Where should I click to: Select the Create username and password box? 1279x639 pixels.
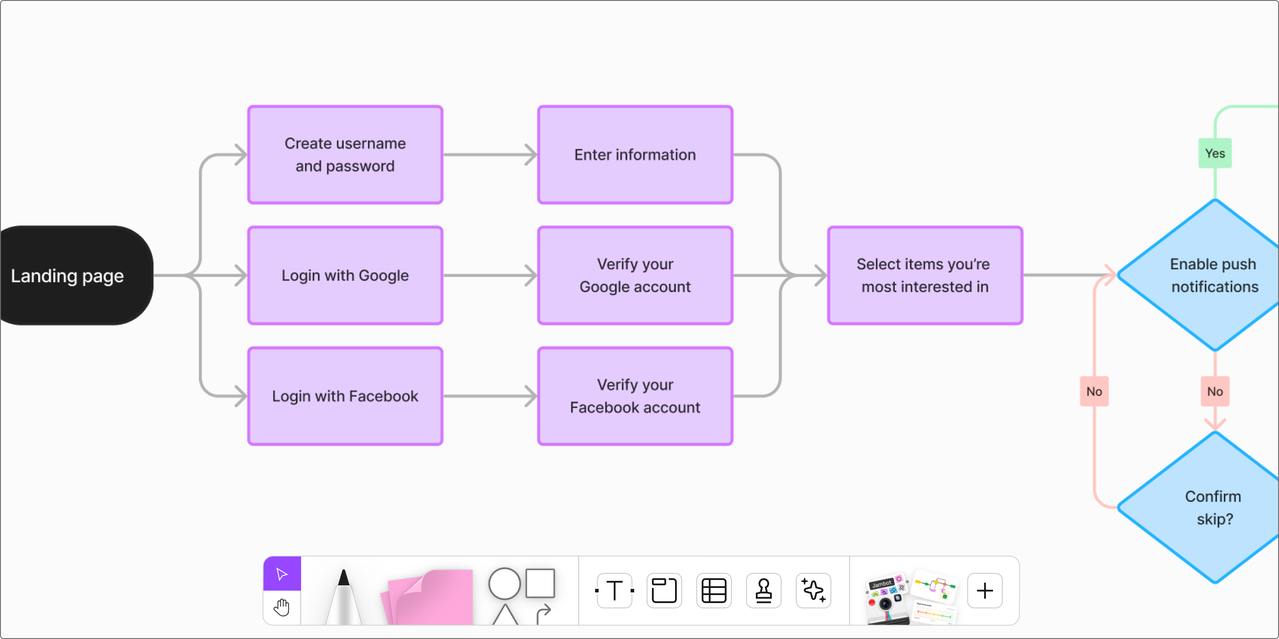tap(345, 155)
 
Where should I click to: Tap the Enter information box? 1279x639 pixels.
tap(635, 155)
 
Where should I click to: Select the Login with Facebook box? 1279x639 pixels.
tap(345, 396)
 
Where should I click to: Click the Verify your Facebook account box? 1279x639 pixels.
tap(635, 396)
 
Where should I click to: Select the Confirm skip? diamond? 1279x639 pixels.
tap(1211, 508)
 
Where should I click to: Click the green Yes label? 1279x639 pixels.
tap(1215, 153)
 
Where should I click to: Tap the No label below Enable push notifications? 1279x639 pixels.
tap(1215, 391)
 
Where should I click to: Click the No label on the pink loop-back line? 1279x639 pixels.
tap(1094, 391)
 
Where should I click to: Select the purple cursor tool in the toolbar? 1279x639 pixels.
tap(282, 574)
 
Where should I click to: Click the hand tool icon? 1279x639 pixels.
tap(282, 607)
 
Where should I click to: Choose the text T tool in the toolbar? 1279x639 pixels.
tap(615, 590)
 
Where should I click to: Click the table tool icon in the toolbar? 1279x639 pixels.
tap(714, 590)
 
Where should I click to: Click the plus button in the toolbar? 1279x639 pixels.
tap(985, 590)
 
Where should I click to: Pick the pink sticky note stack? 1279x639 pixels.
tap(429, 598)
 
